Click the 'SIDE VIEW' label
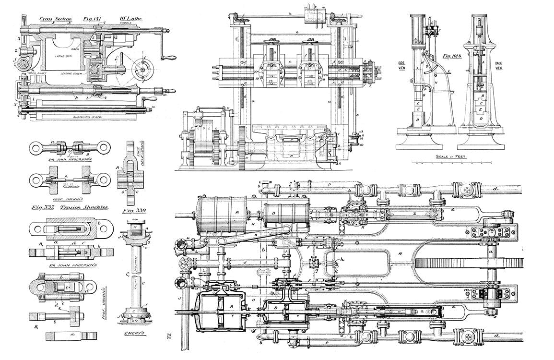tap(402, 65)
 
